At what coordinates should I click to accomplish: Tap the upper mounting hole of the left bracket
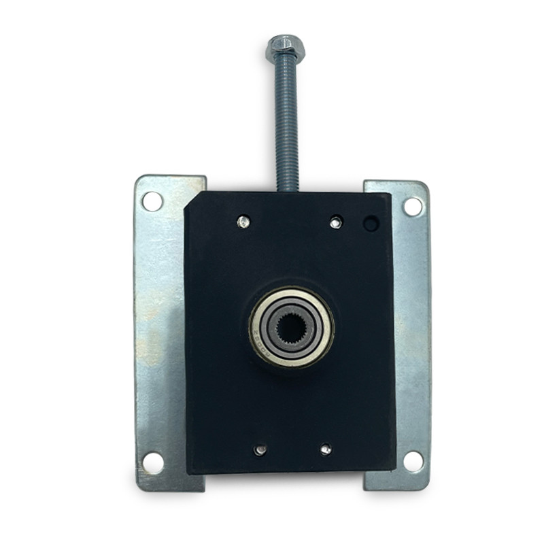coord(152,201)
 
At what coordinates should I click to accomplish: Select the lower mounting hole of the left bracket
coord(153,462)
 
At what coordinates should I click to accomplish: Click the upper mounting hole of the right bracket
coord(412,206)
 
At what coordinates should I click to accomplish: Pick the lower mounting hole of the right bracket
coord(413,461)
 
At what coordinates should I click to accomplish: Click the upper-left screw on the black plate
coord(243,221)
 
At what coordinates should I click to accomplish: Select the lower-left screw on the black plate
coord(260,449)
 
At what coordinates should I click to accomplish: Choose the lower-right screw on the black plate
coord(326,449)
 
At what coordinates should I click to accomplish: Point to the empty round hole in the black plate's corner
coord(371,223)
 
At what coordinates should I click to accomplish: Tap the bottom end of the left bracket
coord(170,484)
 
